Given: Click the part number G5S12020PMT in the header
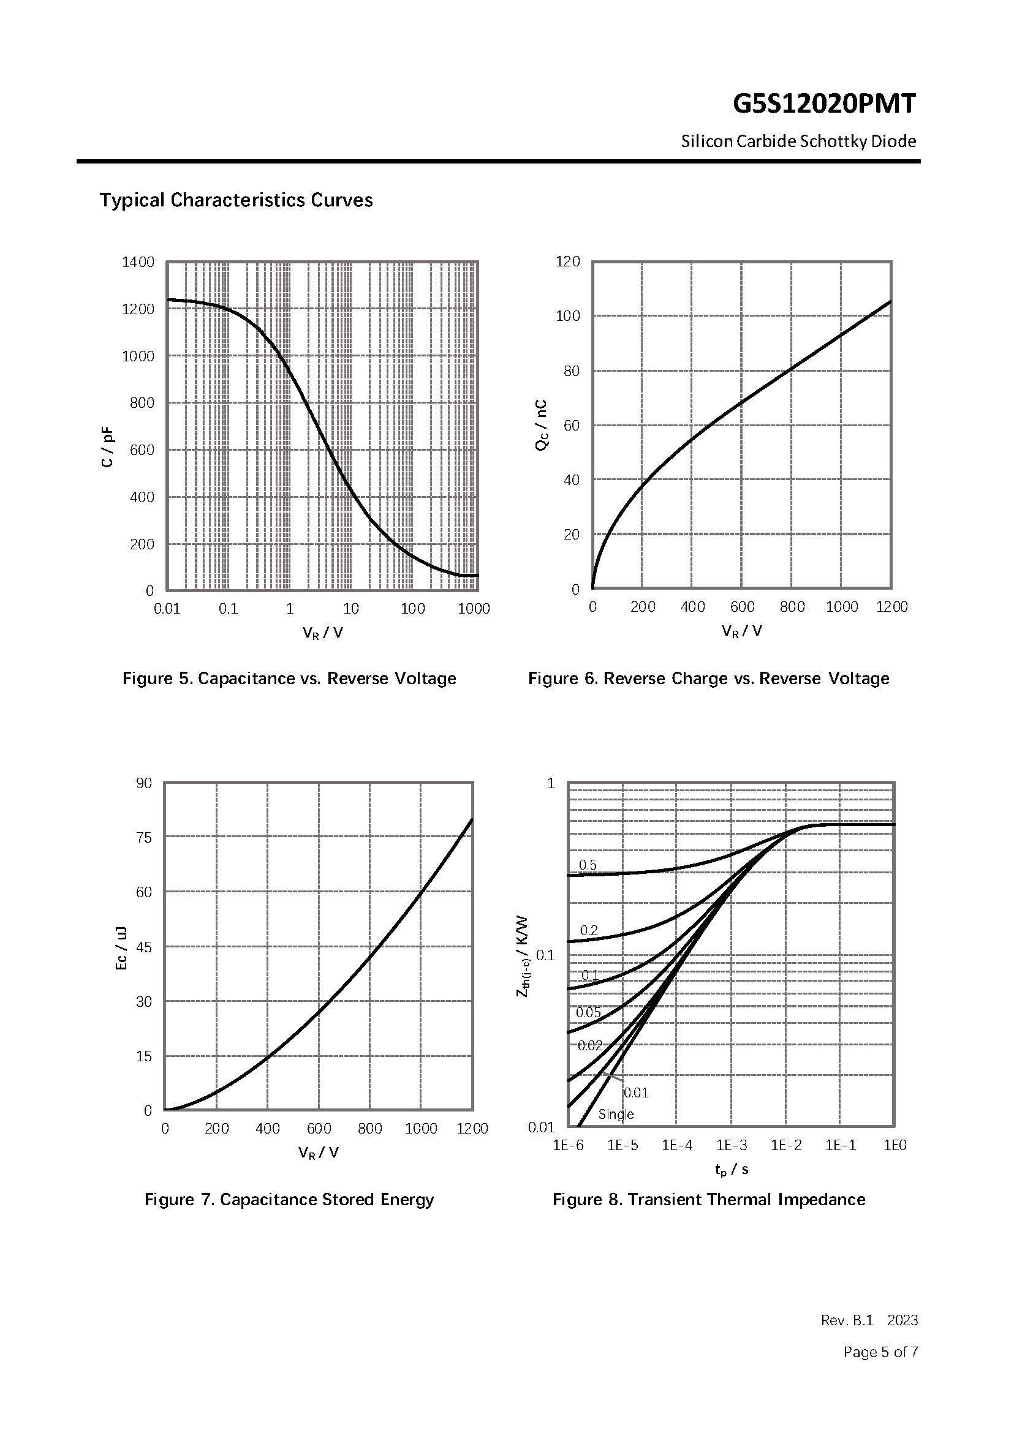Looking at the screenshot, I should (823, 104).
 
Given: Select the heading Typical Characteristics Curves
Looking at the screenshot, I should (236, 200).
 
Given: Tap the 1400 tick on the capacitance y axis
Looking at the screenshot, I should (138, 262).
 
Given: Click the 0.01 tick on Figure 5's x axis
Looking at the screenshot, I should (167, 609).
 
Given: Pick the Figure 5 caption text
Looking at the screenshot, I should (289, 679).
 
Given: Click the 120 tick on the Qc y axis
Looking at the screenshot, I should (567, 261).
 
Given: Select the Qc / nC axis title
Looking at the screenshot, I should (542, 425).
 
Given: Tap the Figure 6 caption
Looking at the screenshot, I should (709, 679).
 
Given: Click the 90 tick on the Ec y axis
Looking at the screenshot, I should (143, 783).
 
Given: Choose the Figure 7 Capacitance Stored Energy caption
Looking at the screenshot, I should (289, 1200).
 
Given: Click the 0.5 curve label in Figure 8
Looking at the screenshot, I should (588, 865).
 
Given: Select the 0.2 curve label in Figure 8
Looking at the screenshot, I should (589, 931).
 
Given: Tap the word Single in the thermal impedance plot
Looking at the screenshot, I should (616, 1114).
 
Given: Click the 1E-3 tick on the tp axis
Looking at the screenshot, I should (732, 1145).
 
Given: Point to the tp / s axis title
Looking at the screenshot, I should (731, 1169).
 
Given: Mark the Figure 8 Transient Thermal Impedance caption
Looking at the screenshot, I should (709, 1200).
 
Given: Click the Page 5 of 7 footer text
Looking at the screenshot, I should (880, 1352).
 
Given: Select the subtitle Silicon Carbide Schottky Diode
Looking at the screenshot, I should (798, 141).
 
